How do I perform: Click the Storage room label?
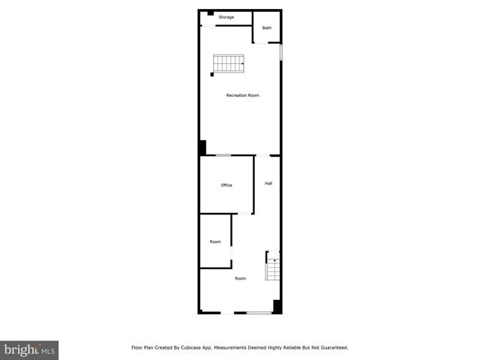[x=226, y=16]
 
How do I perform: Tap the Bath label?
[x=266, y=28]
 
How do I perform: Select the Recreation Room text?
[x=242, y=95]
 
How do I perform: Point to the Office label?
[x=226, y=185]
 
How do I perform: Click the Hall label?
[x=268, y=183]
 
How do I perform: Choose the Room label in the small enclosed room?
[x=215, y=241]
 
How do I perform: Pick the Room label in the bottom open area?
[x=240, y=278]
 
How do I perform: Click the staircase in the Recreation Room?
[x=229, y=64]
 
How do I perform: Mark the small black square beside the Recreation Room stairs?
[x=212, y=74]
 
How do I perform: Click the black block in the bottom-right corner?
[x=277, y=306]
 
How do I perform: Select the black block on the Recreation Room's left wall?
[x=202, y=148]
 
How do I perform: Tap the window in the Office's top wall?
[x=223, y=155]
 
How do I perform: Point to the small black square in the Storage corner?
[x=211, y=13]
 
